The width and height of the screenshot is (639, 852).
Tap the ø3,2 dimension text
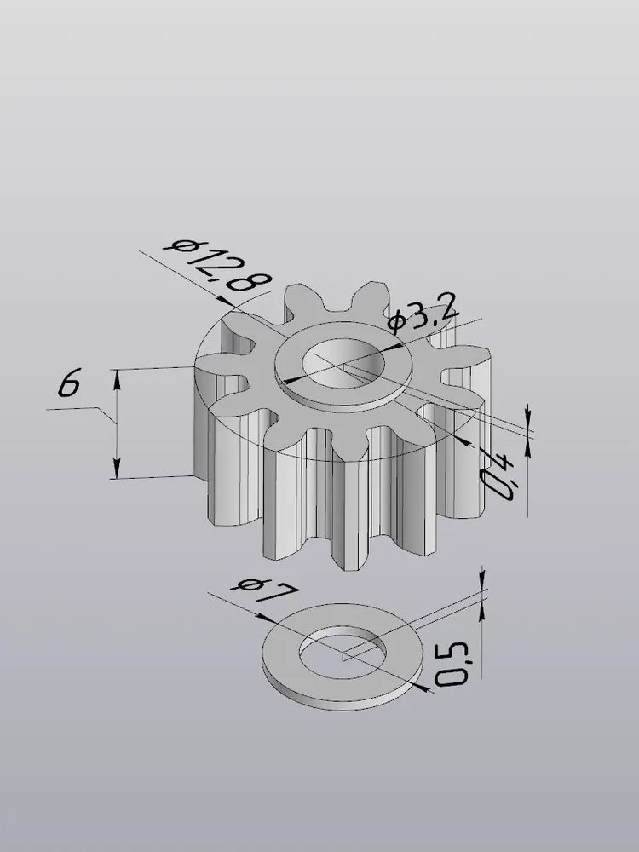point(423,314)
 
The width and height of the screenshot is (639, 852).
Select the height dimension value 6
point(70,382)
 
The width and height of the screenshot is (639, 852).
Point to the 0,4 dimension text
point(498,476)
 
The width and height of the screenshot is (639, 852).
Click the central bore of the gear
point(343,363)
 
